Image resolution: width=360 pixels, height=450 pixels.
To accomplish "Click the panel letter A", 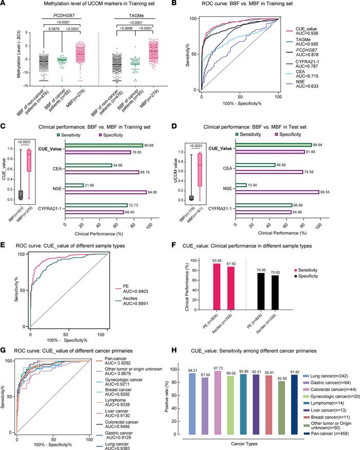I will (x=4, y=4).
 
